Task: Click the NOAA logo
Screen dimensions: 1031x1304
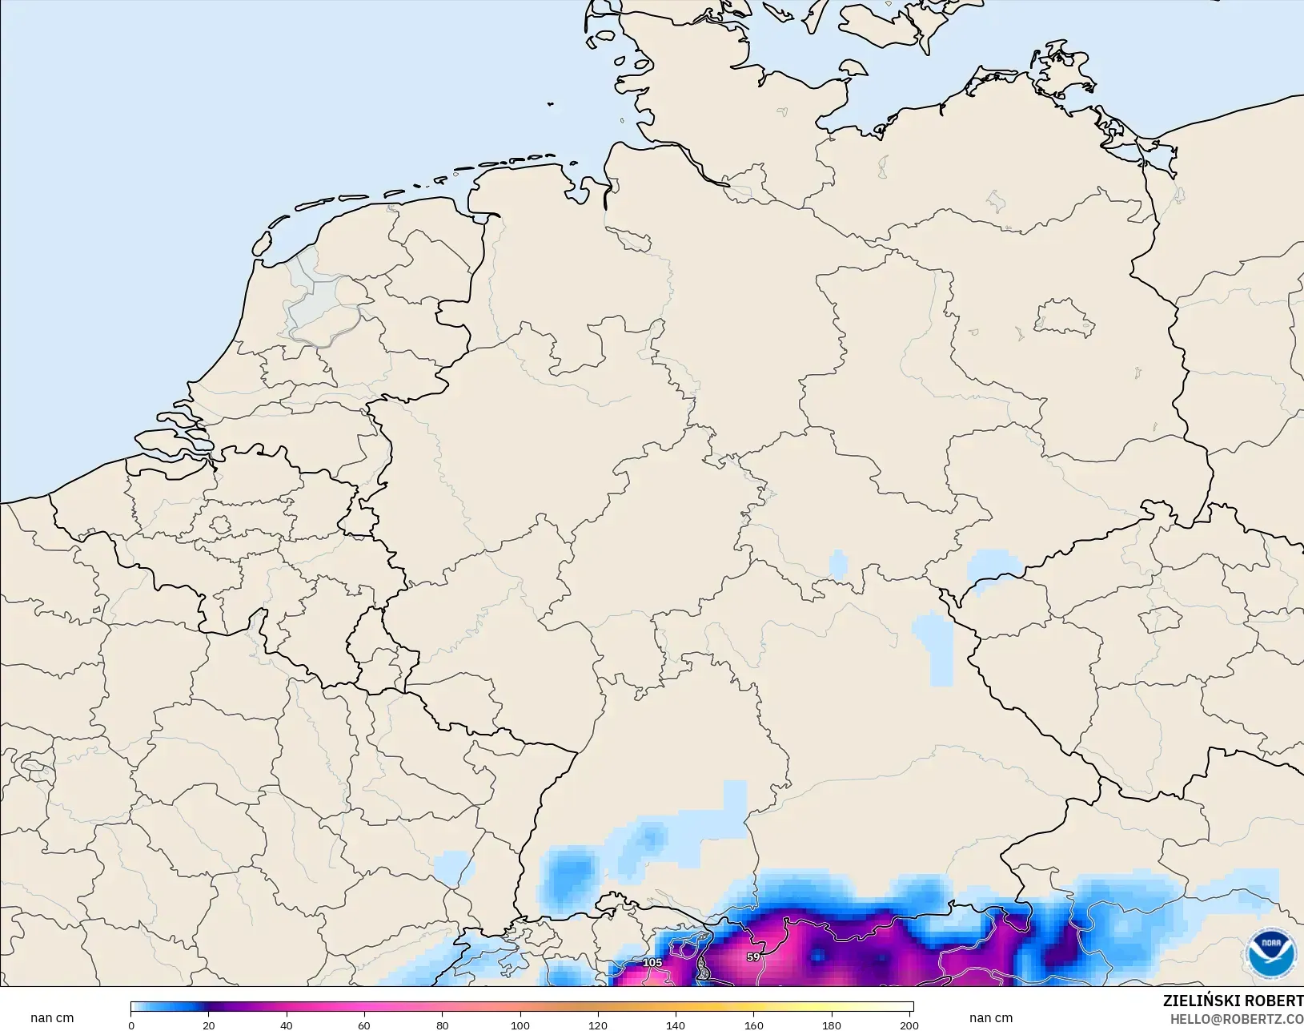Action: point(1271,953)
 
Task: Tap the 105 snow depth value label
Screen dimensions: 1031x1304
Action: point(652,962)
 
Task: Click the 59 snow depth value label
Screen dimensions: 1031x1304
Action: point(752,956)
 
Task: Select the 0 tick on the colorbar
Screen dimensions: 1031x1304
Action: point(131,1025)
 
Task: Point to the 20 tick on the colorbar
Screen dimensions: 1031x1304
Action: point(209,1025)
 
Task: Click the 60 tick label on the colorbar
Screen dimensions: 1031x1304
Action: point(364,1025)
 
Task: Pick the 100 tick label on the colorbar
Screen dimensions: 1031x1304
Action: point(520,1025)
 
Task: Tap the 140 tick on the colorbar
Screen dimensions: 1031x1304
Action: point(676,1025)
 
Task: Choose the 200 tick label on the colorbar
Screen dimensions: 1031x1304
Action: point(909,1025)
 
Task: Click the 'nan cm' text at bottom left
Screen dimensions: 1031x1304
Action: point(52,1018)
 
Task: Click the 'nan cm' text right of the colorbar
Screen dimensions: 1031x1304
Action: point(990,1018)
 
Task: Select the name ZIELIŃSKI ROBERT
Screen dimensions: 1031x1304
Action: point(1233,1001)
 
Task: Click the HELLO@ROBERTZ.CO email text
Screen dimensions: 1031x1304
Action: point(1237,1019)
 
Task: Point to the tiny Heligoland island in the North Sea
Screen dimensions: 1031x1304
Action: point(551,103)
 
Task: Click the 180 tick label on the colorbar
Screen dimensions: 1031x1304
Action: point(831,1025)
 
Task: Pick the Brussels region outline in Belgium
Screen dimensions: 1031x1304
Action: point(221,526)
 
